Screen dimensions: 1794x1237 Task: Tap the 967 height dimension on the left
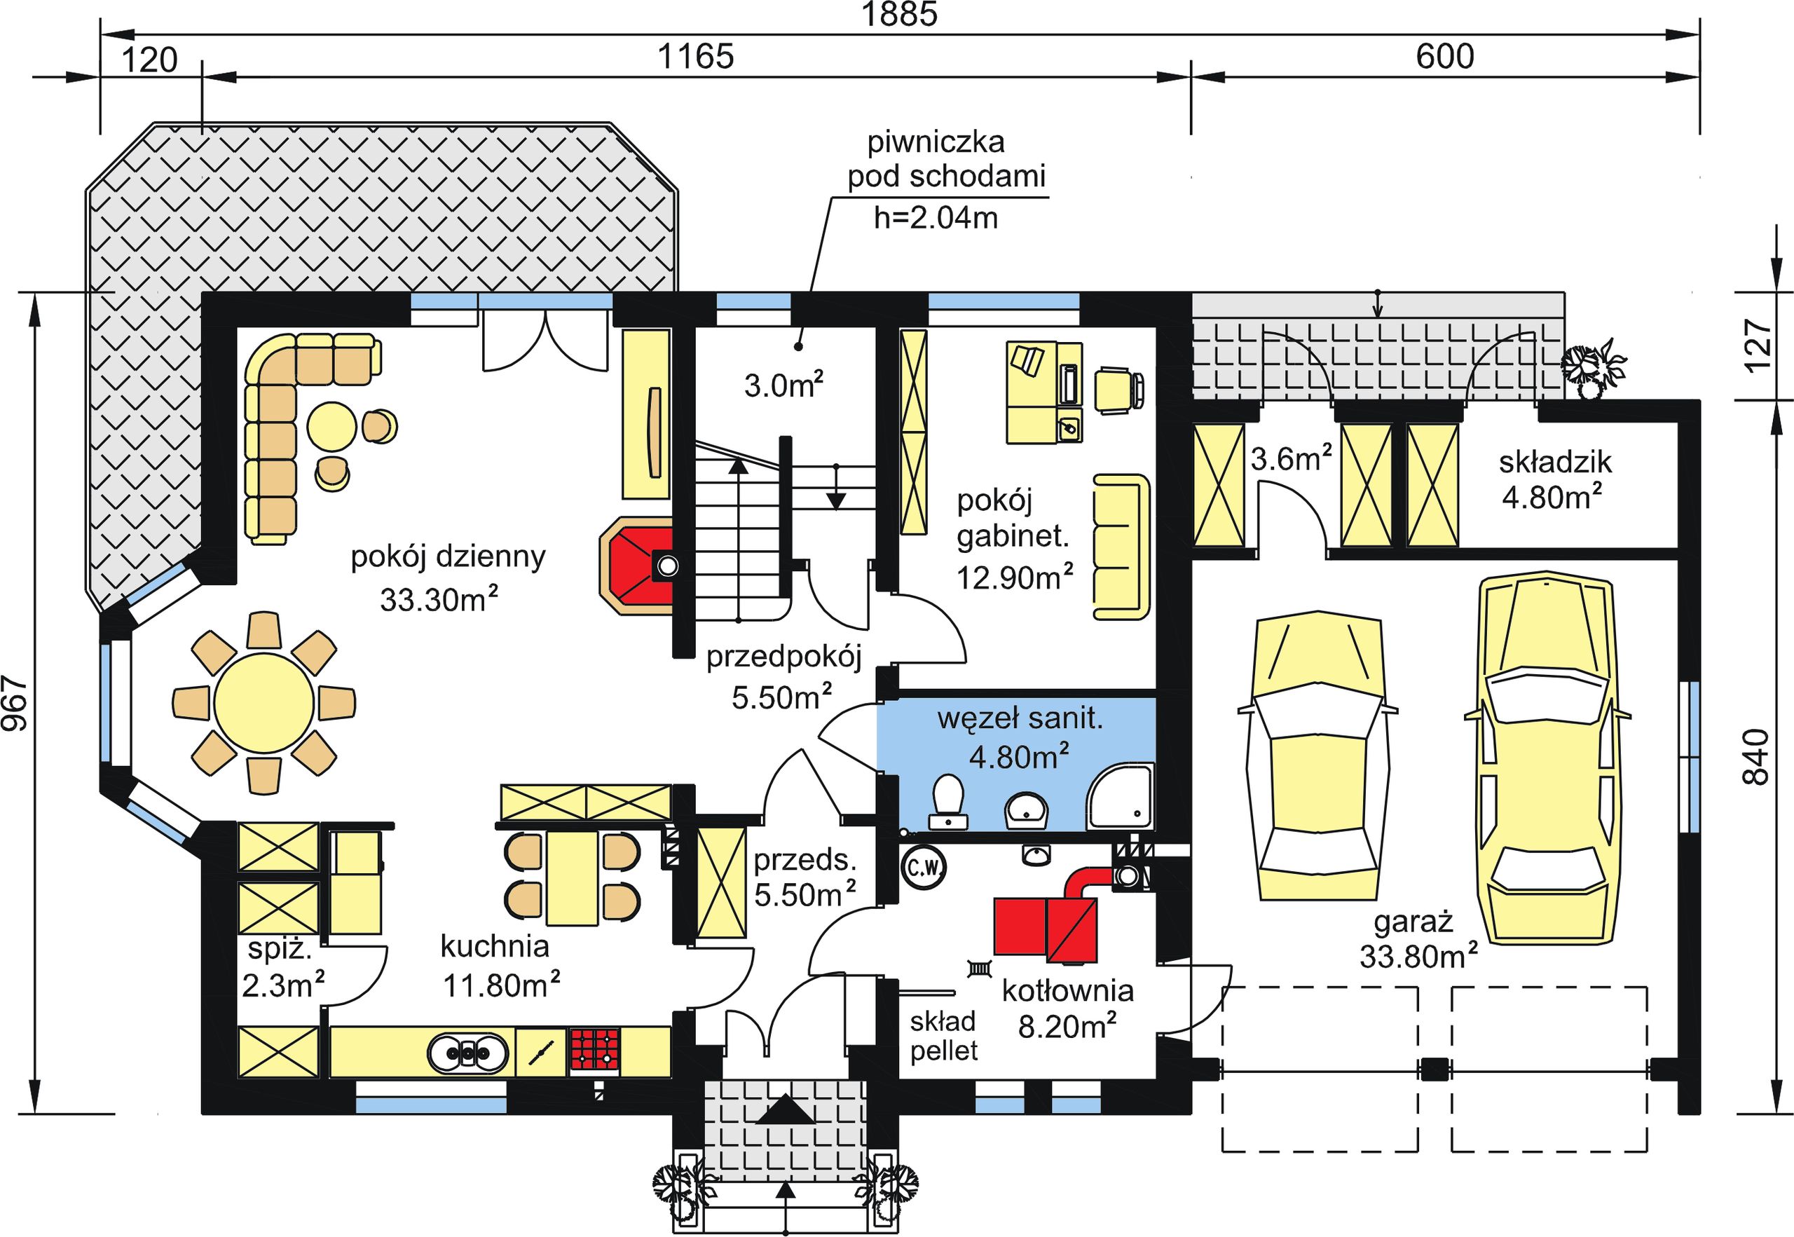pyautogui.click(x=15, y=704)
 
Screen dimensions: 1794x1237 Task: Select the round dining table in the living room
pyautogui.click(x=264, y=703)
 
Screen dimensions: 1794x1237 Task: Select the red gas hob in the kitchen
pyautogui.click(x=595, y=1051)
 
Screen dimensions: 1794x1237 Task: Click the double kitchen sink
pyautogui.click(x=468, y=1053)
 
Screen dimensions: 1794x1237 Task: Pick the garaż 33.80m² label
pyautogui.click(x=1418, y=940)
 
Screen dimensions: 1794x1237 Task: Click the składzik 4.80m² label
pyautogui.click(x=1554, y=480)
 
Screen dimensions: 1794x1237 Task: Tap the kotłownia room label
pyautogui.click(x=1067, y=990)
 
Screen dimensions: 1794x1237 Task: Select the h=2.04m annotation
pyautogui.click(x=936, y=218)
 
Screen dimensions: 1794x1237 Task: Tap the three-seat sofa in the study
pyautogui.click(x=1121, y=547)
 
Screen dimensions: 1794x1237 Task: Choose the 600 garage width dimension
pyautogui.click(x=1445, y=57)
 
